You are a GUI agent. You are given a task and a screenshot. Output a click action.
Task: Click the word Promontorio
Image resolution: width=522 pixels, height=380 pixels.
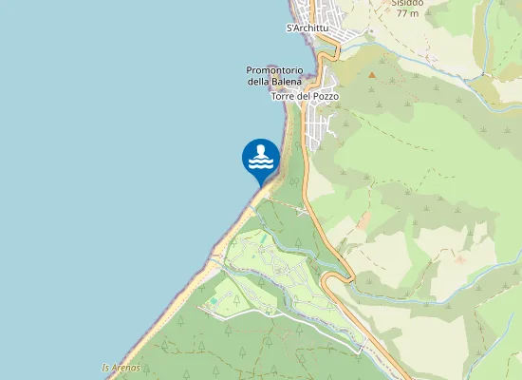click(x=274, y=70)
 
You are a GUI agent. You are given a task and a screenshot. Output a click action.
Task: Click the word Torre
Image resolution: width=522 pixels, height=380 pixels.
click(x=284, y=97)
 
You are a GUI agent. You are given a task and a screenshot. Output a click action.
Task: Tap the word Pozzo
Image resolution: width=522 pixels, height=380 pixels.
click(x=325, y=97)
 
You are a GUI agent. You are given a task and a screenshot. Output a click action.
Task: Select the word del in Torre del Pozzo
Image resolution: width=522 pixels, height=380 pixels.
click(x=305, y=97)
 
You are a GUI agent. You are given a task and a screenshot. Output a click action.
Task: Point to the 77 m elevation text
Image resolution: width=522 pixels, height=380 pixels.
click(x=406, y=13)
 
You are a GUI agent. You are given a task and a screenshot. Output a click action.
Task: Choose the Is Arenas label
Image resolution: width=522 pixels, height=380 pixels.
click(x=121, y=368)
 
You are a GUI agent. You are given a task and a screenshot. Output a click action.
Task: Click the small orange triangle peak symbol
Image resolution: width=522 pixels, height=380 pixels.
click(x=372, y=73)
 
